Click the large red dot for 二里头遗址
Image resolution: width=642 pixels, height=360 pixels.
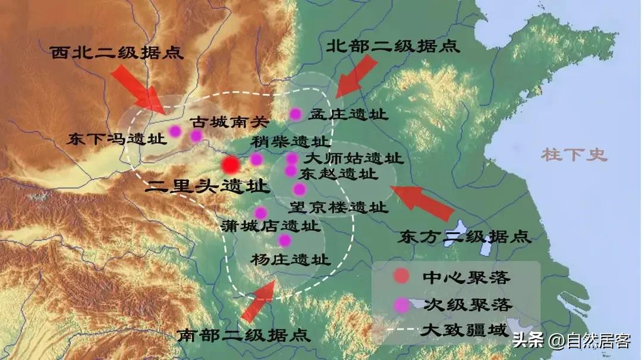(x=231, y=165)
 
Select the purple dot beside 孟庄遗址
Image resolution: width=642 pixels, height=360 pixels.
(x=295, y=114)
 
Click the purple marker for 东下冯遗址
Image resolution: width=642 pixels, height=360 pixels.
(x=175, y=131)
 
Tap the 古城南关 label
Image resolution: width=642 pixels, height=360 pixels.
(x=229, y=122)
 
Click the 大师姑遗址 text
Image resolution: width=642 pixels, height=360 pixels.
(x=354, y=159)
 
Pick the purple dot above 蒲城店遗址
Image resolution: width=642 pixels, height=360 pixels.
(x=260, y=213)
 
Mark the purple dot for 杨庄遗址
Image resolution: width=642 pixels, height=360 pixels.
(x=285, y=240)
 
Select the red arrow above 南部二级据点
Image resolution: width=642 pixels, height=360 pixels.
(x=257, y=302)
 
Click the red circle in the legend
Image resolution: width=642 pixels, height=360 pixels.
(x=402, y=276)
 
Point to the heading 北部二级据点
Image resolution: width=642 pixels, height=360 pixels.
(x=394, y=47)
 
